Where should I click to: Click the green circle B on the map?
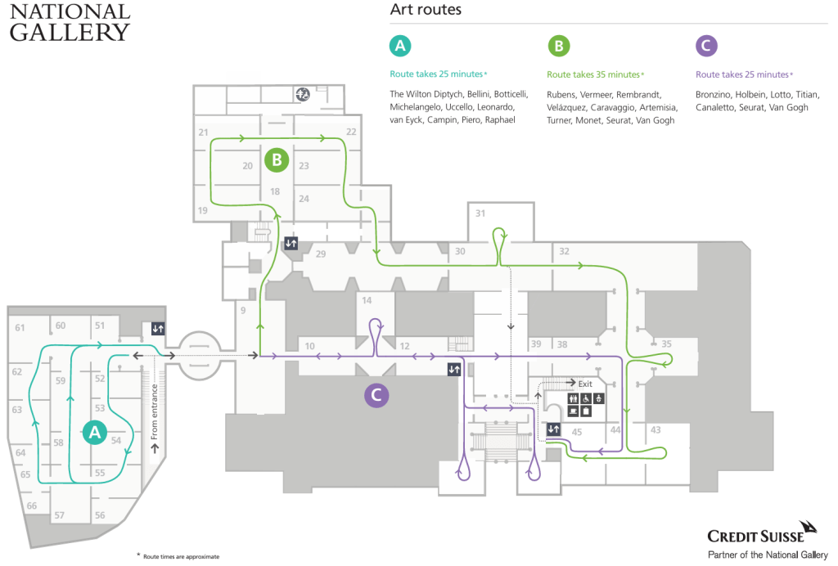point(277,160)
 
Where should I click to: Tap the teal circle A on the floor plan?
point(94,432)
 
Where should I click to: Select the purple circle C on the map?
point(376,395)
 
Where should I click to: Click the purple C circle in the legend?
point(705,46)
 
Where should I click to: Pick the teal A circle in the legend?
point(399,46)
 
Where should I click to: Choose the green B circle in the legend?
point(558,46)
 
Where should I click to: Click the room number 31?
point(480,213)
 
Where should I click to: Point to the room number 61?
point(20,327)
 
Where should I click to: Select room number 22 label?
point(351,132)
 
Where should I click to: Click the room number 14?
point(367,300)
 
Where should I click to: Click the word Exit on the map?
point(585,383)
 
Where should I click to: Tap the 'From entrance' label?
point(154,414)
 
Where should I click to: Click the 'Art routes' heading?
point(426,11)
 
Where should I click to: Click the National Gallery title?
point(70,22)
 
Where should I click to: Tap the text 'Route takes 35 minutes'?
point(592,74)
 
